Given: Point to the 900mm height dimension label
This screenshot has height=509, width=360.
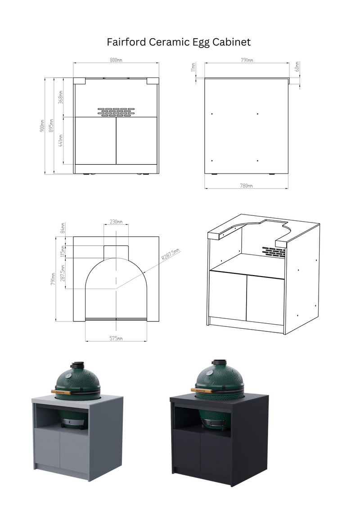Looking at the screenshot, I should click(42, 126).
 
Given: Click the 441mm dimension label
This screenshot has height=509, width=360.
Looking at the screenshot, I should click(61, 140).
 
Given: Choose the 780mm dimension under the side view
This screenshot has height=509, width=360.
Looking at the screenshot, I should click(246, 185).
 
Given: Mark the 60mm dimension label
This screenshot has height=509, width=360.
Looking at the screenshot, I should click(297, 67).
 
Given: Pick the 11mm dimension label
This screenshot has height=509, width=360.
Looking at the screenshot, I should click(193, 67).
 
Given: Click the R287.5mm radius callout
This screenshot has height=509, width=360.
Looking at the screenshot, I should click(171, 256).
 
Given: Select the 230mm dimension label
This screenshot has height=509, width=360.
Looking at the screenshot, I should click(116, 221).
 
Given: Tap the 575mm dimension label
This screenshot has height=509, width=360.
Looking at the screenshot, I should click(116, 338).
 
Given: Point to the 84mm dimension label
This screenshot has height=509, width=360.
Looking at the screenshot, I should click(63, 228).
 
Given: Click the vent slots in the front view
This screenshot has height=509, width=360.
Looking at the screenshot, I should click(116, 112).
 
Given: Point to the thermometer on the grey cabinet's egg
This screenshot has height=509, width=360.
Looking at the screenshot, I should click(68, 375).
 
